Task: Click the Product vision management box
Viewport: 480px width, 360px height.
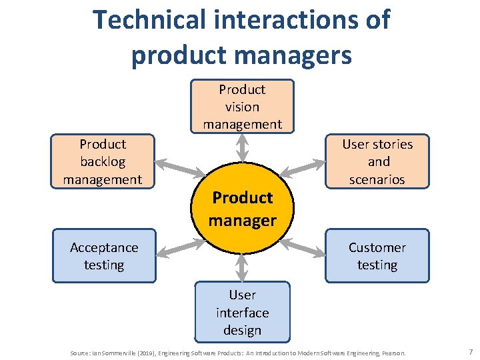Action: (242, 107)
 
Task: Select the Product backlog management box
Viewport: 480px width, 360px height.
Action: (103, 161)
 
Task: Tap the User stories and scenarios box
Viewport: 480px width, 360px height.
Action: (377, 161)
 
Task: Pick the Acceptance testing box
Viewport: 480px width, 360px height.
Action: (104, 256)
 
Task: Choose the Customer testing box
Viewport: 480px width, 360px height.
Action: (377, 256)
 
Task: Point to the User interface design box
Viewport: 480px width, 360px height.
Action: (242, 312)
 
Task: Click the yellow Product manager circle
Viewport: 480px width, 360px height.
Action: (242, 209)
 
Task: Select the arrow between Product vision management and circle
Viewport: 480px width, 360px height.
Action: (242, 147)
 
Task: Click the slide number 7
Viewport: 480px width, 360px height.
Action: (471, 351)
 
